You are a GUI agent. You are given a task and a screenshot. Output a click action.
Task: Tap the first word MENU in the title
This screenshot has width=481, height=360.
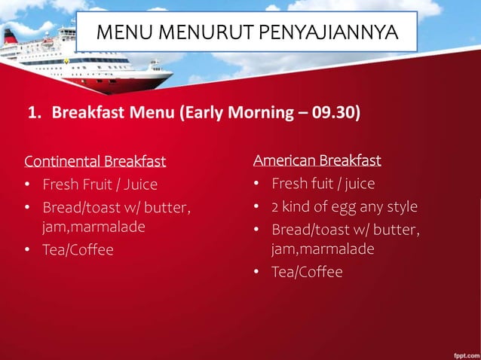124,33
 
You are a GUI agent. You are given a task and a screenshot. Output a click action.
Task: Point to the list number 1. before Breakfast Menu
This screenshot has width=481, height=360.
34,114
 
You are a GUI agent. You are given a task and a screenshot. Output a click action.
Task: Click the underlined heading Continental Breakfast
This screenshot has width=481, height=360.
95,161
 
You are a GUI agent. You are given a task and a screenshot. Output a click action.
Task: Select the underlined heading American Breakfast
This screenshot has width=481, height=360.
317,160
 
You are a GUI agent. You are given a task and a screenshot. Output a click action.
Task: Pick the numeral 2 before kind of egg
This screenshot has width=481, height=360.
275,206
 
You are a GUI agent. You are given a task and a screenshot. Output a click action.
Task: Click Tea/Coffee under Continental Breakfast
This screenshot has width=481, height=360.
78,250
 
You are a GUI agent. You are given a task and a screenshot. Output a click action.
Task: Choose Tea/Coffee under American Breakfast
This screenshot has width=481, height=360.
307,272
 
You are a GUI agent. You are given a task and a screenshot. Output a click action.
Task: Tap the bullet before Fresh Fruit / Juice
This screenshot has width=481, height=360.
27,185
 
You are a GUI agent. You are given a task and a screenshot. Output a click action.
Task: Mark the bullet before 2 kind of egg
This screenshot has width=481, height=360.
256,207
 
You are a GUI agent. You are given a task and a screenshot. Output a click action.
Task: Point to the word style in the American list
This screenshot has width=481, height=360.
402,206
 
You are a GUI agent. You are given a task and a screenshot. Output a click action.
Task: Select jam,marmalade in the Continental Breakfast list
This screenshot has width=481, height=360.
93,227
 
